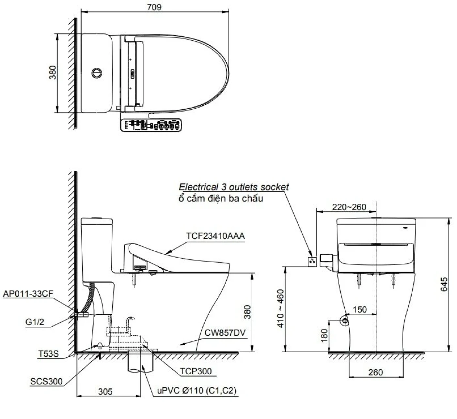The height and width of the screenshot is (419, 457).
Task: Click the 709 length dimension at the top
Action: point(154,7)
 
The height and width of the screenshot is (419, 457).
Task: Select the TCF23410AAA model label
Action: point(215,236)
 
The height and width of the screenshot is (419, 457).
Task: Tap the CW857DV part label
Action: point(225,333)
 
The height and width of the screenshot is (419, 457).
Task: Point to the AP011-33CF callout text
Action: point(28,294)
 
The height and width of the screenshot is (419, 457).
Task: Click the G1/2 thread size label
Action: point(35,322)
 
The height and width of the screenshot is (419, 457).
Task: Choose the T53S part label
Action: point(48,353)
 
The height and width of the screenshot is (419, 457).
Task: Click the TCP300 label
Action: point(196,371)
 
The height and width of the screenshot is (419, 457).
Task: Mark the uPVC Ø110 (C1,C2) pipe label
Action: point(197,390)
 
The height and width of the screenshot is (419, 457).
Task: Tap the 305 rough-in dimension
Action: point(105,392)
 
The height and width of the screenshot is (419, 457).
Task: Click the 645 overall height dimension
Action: point(444,284)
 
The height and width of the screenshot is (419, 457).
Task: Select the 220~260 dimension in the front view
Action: point(349,207)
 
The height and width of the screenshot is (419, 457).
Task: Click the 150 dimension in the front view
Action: point(360,309)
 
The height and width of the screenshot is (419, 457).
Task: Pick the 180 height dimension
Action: point(324,336)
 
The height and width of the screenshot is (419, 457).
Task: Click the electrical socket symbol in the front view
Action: point(312,262)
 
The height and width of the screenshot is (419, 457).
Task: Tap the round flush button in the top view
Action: point(97,73)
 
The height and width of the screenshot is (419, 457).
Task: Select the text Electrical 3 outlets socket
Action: point(233,187)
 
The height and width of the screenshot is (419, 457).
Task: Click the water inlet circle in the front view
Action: point(344,321)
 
